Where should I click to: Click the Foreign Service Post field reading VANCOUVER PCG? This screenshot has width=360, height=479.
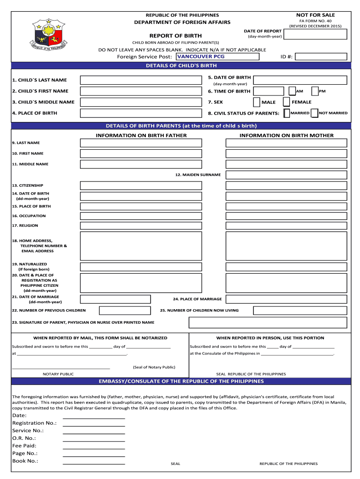217,57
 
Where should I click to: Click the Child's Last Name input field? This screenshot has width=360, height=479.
141,80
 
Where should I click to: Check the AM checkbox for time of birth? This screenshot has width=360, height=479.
292,91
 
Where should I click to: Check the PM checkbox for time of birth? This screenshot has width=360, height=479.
315,91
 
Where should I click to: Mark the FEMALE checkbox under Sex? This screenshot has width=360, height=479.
287,102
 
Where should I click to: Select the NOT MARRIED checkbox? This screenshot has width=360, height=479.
315,113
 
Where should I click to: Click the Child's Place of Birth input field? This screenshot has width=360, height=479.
141,113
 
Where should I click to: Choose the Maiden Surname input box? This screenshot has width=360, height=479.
287,175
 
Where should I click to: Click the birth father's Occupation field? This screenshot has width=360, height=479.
141,216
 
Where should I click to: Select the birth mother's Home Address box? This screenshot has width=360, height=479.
287,246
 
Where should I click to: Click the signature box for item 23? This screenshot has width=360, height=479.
268,323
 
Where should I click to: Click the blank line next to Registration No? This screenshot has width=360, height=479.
94,423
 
